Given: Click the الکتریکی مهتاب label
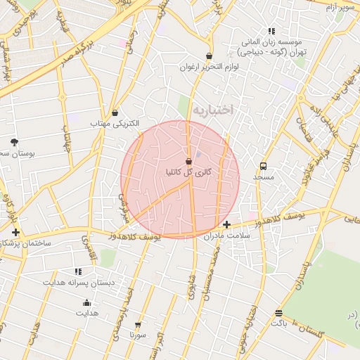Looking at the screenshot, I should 115,123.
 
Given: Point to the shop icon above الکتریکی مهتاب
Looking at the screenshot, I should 115,112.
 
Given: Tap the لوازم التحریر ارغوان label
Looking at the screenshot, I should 209,67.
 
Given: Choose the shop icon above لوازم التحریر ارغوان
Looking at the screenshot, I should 209,56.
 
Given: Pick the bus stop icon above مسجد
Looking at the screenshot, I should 263,167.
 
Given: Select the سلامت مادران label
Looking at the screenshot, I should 226,236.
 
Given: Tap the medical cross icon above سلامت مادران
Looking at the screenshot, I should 226,224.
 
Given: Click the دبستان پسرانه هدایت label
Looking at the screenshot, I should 78,282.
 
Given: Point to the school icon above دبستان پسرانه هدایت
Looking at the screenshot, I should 78,271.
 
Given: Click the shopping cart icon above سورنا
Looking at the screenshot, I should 138,325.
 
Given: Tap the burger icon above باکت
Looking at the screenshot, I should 279,313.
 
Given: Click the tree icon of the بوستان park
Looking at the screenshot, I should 14,142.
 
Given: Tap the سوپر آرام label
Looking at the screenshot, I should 340,7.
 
